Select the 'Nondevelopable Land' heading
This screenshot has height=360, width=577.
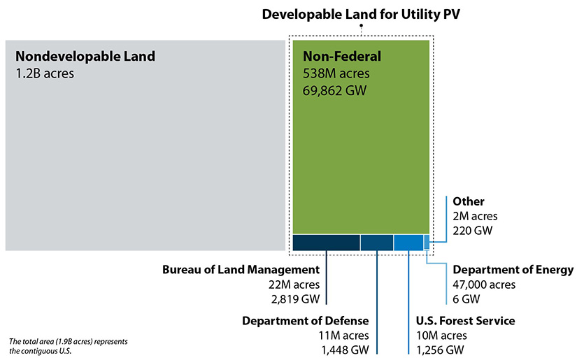[x=85, y=56]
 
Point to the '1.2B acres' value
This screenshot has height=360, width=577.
[x=44, y=72]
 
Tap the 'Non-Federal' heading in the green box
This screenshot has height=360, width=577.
[x=341, y=56]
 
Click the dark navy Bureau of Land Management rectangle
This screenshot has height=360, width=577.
[x=326, y=242]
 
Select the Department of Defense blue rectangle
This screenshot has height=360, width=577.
[x=376, y=242]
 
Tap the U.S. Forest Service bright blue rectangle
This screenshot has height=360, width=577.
[x=408, y=242]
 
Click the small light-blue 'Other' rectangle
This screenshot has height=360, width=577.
[x=427, y=241]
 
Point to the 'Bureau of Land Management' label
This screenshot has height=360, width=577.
[x=241, y=270]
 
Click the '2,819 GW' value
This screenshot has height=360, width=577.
[x=294, y=299]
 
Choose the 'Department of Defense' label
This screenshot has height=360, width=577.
[x=305, y=321]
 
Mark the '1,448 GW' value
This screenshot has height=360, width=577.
[x=344, y=350]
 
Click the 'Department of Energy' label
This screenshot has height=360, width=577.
[x=513, y=270]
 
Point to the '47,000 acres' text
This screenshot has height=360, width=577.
[x=484, y=285]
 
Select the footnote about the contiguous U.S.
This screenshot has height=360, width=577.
[x=69, y=346]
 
